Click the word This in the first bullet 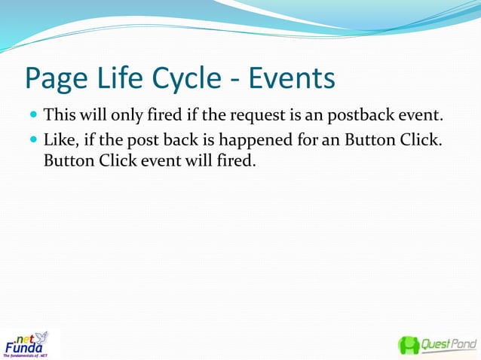pos(59,117)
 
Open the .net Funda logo pos(27,343)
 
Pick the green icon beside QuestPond pos(409,345)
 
